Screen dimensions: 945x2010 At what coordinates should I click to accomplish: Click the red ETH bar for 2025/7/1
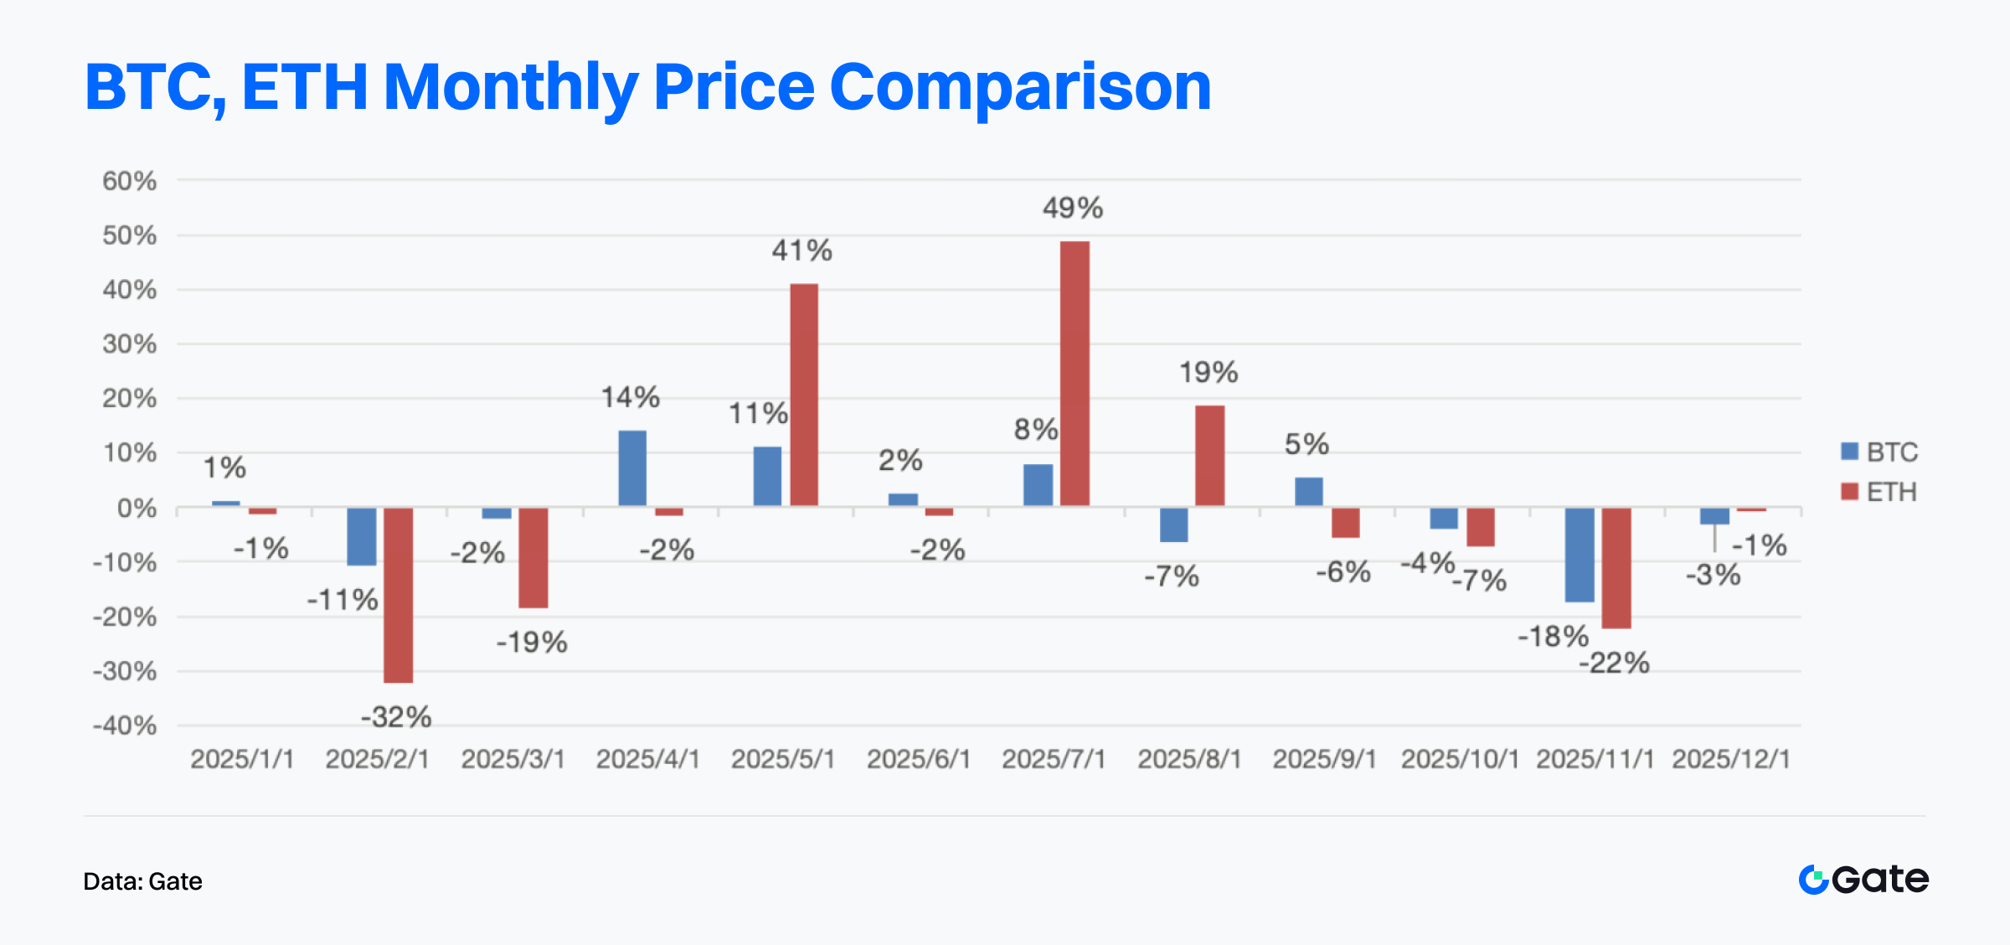(1075, 374)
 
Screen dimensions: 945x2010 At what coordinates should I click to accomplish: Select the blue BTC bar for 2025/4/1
(632, 468)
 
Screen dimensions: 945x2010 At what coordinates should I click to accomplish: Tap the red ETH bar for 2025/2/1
(398, 595)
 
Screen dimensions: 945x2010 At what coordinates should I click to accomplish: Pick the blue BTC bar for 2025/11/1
(1580, 555)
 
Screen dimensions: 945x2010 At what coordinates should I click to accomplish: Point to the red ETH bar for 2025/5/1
(804, 395)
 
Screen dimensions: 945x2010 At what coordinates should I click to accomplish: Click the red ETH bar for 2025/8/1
(1209, 456)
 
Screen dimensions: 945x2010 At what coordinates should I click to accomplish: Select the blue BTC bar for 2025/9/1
(1308, 492)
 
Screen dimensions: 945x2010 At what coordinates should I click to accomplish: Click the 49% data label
(1072, 208)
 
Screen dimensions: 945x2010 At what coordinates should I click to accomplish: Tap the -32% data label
(396, 717)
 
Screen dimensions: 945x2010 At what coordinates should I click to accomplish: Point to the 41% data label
(801, 250)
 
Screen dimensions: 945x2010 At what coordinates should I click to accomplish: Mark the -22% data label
(1614, 664)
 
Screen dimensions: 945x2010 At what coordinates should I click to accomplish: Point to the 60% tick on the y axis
(129, 181)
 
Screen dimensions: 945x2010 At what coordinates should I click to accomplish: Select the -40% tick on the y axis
(125, 726)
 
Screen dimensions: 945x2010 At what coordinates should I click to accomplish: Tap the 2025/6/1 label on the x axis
(919, 759)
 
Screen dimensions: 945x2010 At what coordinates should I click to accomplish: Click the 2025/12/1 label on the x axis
(1731, 759)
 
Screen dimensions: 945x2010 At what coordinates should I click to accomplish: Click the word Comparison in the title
(1020, 87)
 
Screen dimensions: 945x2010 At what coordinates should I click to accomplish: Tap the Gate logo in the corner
(1863, 880)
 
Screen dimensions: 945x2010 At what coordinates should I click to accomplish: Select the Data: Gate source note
(142, 881)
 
